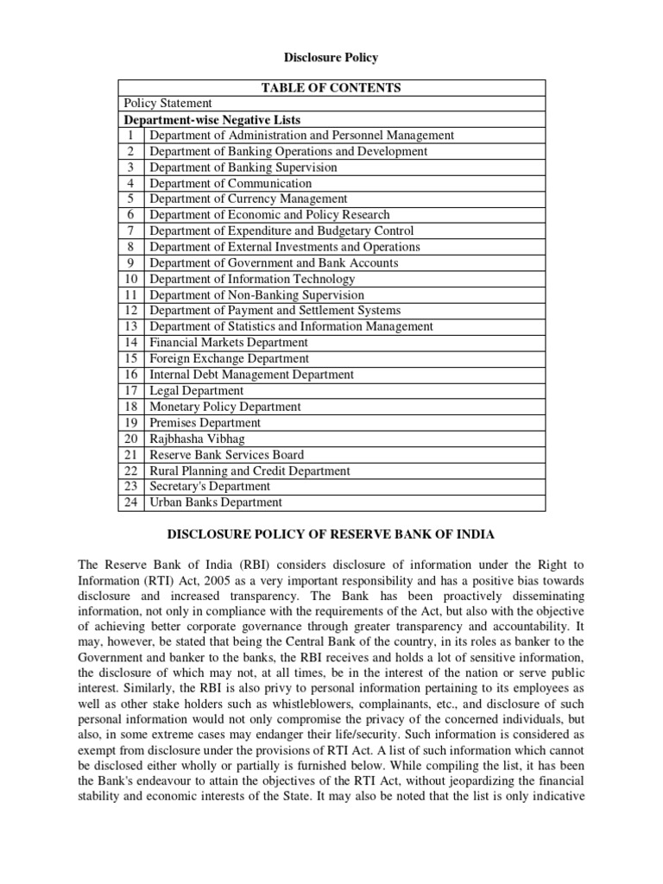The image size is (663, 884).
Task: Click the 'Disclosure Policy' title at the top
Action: [331, 57]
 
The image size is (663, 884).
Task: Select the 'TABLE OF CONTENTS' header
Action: [331, 87]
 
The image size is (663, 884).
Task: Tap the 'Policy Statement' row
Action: [168, 104]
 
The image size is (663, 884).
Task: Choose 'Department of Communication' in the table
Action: [230, 183]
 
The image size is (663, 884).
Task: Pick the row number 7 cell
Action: [131, 230]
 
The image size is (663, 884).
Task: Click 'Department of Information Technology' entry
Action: [252, 279]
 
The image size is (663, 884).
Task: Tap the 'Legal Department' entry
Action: [197, 390]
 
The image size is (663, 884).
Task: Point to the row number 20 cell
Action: [131, 439]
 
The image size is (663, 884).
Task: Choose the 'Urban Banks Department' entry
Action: [216, 502]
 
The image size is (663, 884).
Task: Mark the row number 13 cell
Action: [131, 326]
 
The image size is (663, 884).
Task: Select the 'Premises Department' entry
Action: [205, 422]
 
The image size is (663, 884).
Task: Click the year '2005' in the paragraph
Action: [191, 581]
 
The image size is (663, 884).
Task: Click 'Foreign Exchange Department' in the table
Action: [229, 358]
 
